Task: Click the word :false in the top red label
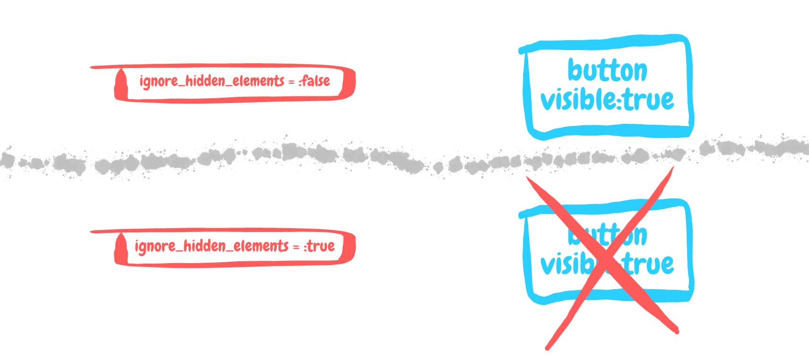pos(315,81)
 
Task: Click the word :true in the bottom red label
pos(320,246)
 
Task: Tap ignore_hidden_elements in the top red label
pos(212,81)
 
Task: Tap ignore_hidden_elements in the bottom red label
pos(211,246)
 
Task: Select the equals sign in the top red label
pos(292,82)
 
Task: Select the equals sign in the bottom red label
pos(296,247)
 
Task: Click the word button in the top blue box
pos(607,71)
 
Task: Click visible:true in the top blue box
pos(607,100)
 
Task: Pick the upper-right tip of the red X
pos(671,169)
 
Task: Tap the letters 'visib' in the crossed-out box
pos(565,265)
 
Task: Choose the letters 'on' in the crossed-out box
pos(636,236)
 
